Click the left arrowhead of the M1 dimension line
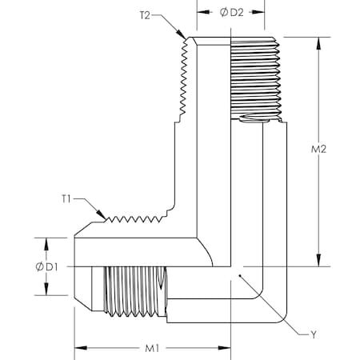(78, 347)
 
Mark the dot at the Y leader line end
(237, 276)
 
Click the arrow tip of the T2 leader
(186, 37)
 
